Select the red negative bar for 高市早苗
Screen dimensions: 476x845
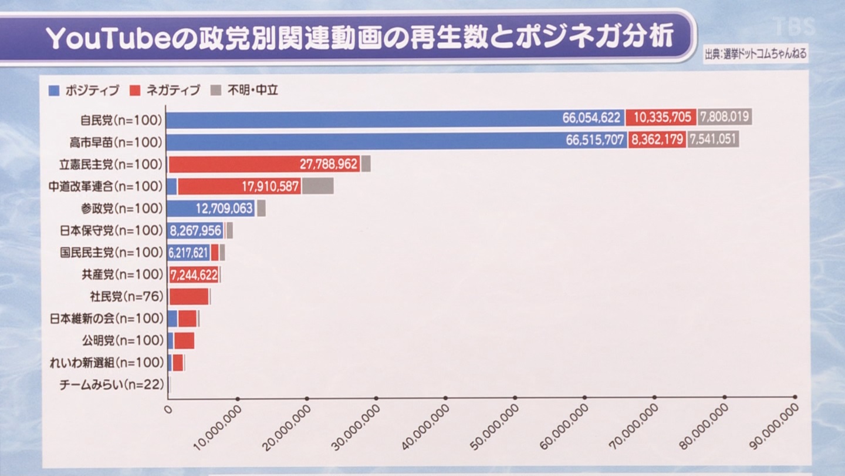tap(657, 140)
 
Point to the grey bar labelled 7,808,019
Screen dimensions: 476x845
tap(725, 118)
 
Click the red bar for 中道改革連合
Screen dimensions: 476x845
tap(239, 187)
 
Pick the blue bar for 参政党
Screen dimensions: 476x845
tap(211, 209)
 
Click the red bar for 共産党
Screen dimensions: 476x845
tap(194, 274)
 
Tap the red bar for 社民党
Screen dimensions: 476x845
tap(188, 297)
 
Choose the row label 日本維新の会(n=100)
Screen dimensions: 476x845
tap(106, 319)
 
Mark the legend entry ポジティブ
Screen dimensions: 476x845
tap(84, 90)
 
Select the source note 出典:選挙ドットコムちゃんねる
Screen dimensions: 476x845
tap(755, 54)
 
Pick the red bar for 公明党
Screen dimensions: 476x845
tap(184, 341)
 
